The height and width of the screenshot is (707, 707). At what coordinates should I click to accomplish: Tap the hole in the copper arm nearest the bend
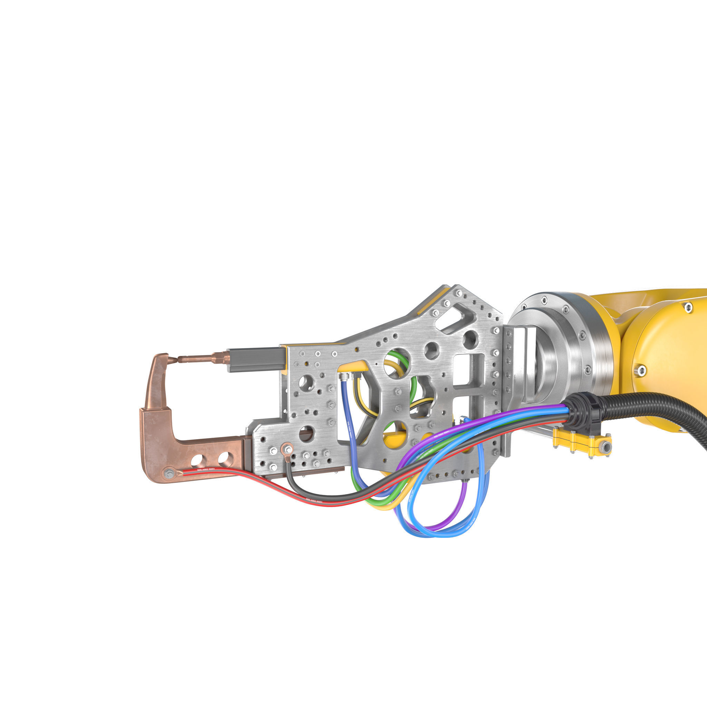point(197,458)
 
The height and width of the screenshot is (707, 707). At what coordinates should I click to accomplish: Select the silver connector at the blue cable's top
point(343,376)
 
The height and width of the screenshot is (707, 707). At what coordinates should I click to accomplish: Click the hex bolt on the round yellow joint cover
point(641,371)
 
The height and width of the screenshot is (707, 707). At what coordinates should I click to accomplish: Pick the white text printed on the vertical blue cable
point(349,428)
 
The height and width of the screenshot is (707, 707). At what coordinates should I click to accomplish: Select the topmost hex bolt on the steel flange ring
point(544,299)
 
